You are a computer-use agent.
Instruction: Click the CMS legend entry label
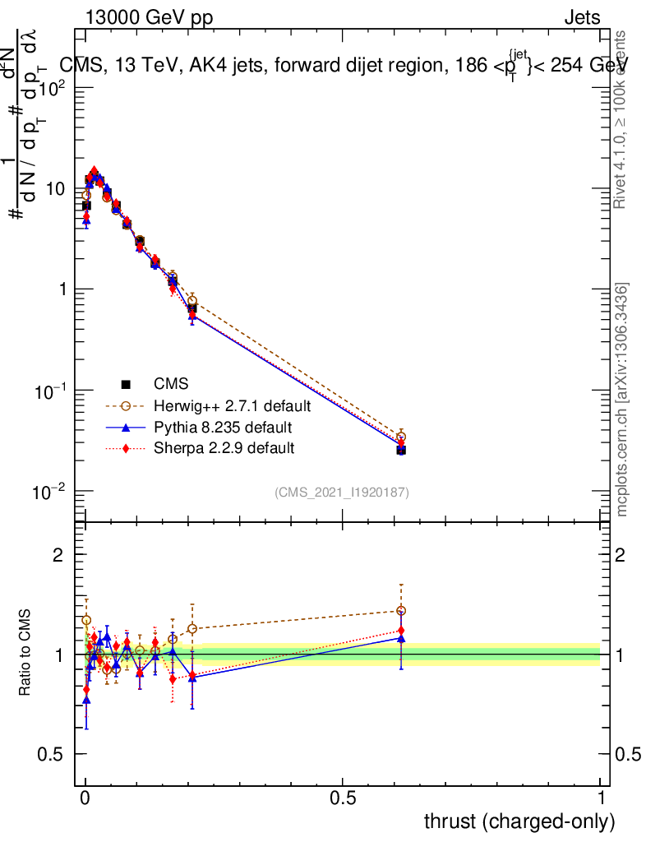coord(170,384)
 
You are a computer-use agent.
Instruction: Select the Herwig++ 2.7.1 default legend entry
coord(229,406)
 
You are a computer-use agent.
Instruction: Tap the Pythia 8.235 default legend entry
coord(222,428)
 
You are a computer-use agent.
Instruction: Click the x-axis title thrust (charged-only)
coord(519,821)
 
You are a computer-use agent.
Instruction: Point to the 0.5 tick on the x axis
coord(342,798)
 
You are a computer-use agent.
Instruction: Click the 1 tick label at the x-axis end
coord(600,798)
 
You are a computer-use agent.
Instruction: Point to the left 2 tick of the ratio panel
coord(58,555)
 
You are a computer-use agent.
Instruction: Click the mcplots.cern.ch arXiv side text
coord(622,400)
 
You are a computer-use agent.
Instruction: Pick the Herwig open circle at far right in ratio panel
coord(401,611)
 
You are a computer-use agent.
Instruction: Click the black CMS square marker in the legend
coord(126,384)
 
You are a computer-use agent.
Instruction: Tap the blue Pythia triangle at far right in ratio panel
coord(401,638)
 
